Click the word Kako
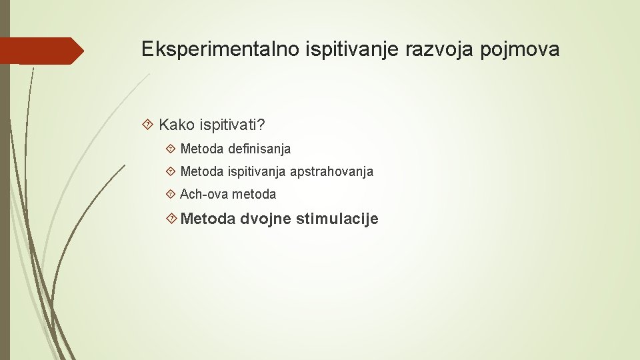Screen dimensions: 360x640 pyautogui.click(x=176, y=125)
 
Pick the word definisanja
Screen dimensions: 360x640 pyautogui.click(x=257, y=149)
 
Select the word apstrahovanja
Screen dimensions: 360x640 pyautogui.click(x=331, y=171)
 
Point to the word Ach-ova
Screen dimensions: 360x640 pyautogui.click(x=203, y=194)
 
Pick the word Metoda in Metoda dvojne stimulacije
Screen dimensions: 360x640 pyautogui.click(x=208, y=219)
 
